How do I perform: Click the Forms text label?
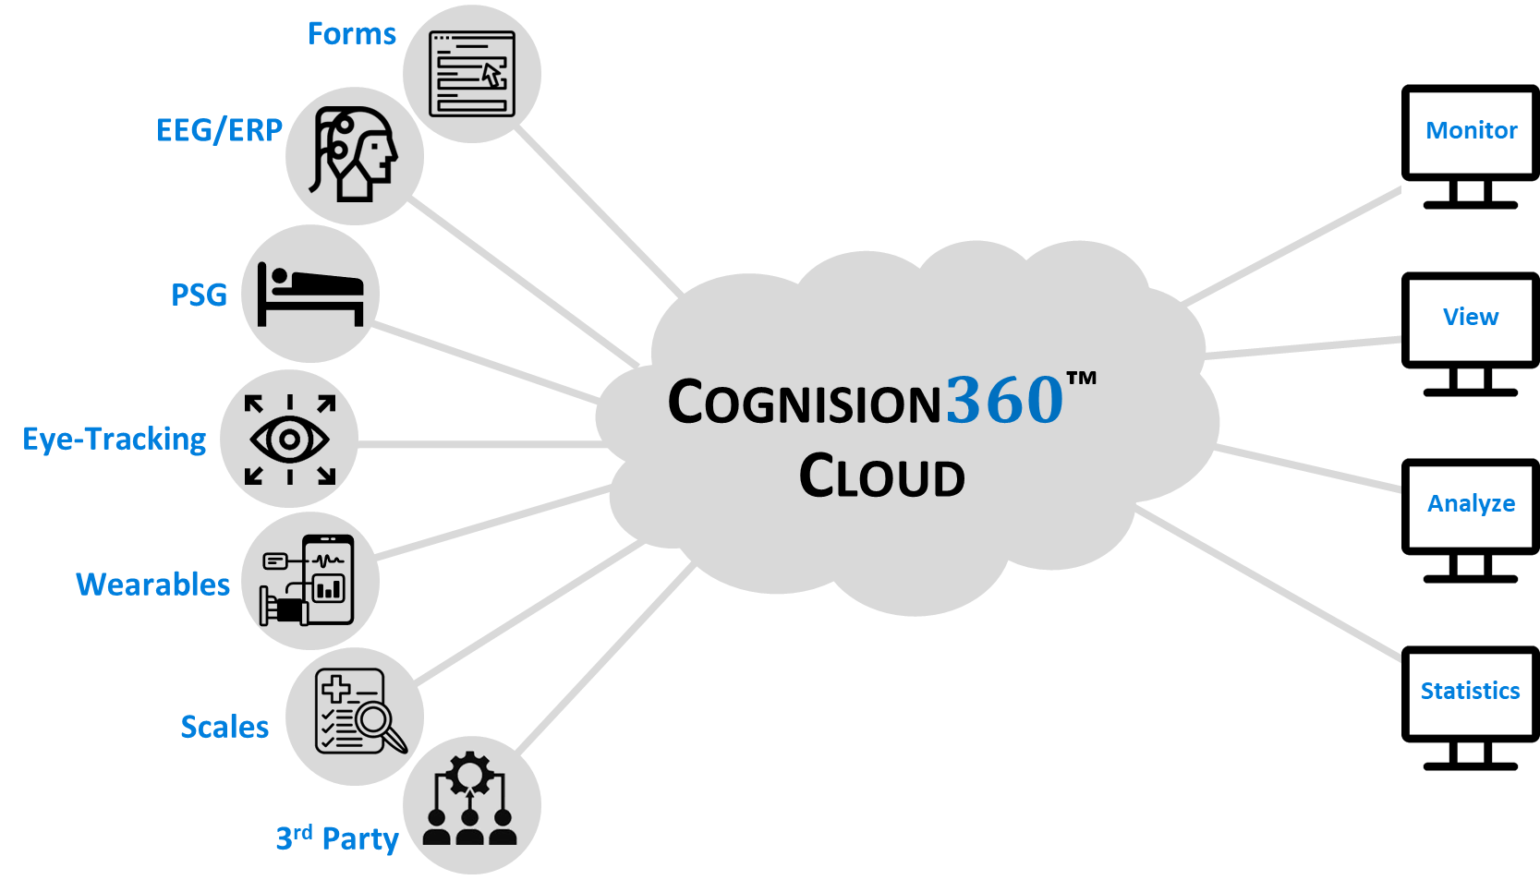pos(351,34)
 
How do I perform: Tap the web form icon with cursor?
pos(472,73)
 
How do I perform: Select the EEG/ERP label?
pos(219,130)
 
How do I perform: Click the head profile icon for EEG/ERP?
pos(355,155)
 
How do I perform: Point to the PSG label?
pos(199,295)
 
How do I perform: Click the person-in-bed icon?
pos(310,294)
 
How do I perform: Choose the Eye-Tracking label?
pos(115,439)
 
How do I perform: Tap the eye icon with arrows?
pos(289,440)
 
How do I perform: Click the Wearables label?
pos(152,585)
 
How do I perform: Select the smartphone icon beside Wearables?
pos(328,578)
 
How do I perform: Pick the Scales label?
pos(224,727)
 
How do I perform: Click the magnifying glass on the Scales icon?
pos(377,721)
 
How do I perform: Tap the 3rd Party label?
pos(337,838)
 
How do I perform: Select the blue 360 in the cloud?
pos(1004,400)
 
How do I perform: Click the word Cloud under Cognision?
pos(881,476)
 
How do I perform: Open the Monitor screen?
pos(1471,130)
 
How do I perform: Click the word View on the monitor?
pos(1471,317)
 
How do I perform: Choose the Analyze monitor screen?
pos(1471,503)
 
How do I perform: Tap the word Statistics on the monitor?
pos(1470,691)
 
